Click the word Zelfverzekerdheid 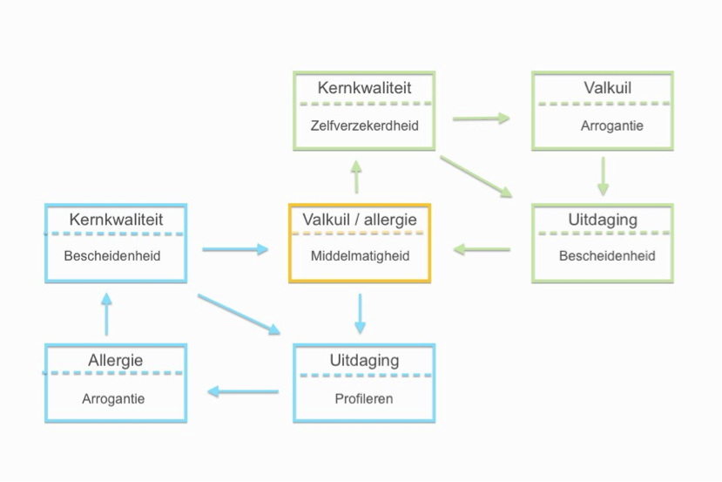pos(364,126)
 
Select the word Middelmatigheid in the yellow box pos(360,256)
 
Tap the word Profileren pos(364,399)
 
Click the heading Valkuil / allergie pos(360,220)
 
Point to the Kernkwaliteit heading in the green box pos(364,88)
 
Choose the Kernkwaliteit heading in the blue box pos(116,220)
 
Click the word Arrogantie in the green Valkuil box pos(611,126)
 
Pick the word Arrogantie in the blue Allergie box pos(113,399)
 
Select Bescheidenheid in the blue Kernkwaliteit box pos(112,256)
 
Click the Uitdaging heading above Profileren pos(364,360)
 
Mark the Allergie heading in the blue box pos(115,360)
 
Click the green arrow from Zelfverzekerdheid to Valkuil pos(481,118)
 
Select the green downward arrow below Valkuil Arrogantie pos(603,177)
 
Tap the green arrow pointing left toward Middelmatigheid pos(482,250)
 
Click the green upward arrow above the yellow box pos(355,177)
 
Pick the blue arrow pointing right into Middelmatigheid pos(235,250)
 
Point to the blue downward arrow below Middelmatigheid pos(360,315)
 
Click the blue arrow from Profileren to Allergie pos(242,392)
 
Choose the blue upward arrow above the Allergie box pos(106,315)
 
